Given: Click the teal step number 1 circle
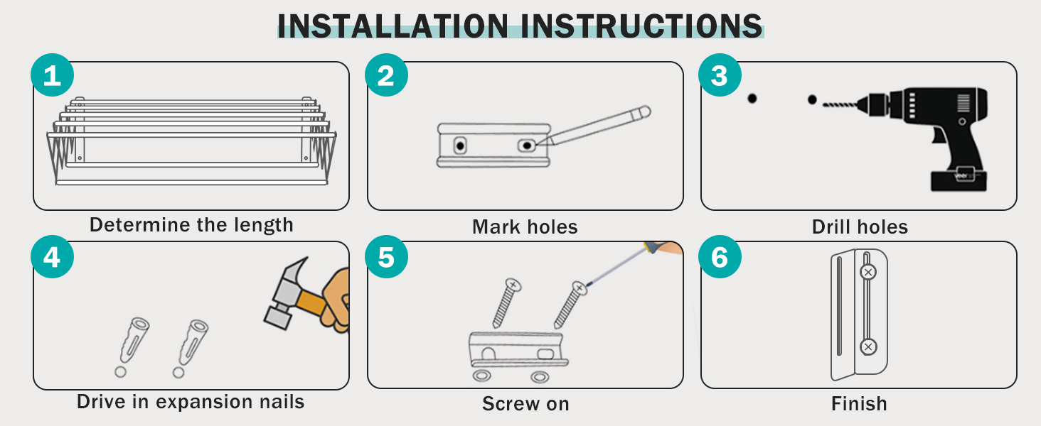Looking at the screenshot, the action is coord(52,75).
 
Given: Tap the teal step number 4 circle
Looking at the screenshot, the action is coord(52,256).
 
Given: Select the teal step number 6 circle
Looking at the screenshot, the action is coord(720,256).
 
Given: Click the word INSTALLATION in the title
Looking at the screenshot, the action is coord(393,26).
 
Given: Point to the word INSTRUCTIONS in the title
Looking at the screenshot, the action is coord(642,26).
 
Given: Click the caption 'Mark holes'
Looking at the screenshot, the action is coord(525,227).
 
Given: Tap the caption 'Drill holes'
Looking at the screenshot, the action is coord(860,227).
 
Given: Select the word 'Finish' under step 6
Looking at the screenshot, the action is coord(859,403).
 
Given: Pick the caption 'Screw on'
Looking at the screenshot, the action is coord(525,404).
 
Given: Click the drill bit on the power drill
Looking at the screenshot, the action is coord(840,104).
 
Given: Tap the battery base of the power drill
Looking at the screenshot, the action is coord(959,180).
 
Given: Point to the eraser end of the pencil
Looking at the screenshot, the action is coord(645,111).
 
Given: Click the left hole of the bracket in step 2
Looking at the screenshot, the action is coord(460,146).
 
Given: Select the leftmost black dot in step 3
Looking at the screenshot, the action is coord(752,99).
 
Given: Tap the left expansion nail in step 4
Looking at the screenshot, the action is coord(134,339).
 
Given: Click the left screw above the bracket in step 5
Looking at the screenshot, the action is coord(506,303).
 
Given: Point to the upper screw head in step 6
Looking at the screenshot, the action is coord(867,273).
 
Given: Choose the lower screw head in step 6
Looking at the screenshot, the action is coord(867,346).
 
